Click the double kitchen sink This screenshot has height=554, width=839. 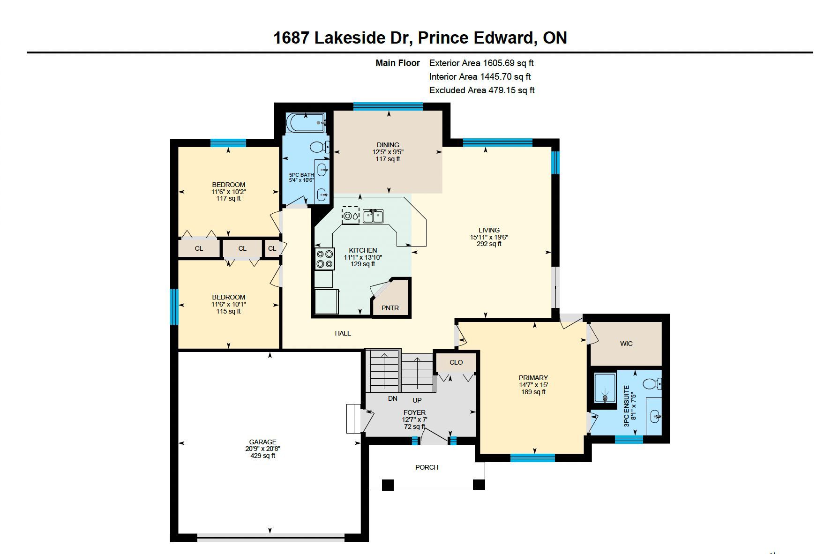pyautogui.click(x=373, y=217)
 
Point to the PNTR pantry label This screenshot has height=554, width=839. pyautogui.click(x=390, y=308)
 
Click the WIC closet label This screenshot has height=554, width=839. pyautogui.click(x=626, y=344)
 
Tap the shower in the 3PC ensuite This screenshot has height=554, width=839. pyautogui.click(x=605, y=388)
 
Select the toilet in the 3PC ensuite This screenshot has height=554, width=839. pyautogui.click(x=652, y=384)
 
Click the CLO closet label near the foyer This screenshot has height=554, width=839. pyautogui.click(x=456, y=362)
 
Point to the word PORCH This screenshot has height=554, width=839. pyautogui.click(x=427, y=467)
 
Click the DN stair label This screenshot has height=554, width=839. pyautogui.click(x=393, y=398)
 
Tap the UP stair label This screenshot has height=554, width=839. pyautogui.click(x=417, y=400)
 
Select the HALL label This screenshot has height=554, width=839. pyautogui.click(x=343, y=333)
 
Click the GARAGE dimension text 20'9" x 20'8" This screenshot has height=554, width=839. pyautogui.click(x=262, y=449)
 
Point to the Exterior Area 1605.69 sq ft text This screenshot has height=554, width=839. pyautogui.click(x=481, y=63)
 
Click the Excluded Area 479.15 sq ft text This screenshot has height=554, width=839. pyautogui.click(x=482, y=90)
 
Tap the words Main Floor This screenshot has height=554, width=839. pyautogui.click(x=397, y=63)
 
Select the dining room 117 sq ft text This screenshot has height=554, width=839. pyautogui.click(x=388, y=159)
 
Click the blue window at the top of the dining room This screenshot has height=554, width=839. pyautogui.click(x=388, y=106)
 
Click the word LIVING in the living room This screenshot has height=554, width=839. pyautogui.click(x=489, y=230)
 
